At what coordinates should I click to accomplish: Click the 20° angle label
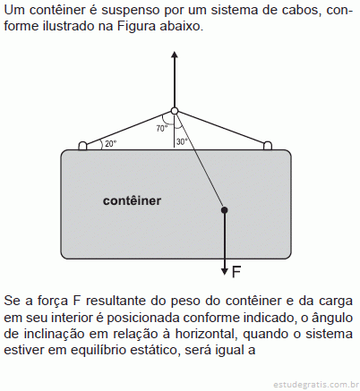point(110,144)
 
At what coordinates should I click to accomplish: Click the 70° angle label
point(162,129)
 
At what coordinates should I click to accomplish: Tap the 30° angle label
point(182,141)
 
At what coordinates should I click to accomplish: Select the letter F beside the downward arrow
point(236,272)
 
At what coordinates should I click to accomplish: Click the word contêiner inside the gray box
point(132,200)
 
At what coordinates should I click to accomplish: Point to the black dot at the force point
point(225,210)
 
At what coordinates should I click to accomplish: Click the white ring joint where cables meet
point(175,111)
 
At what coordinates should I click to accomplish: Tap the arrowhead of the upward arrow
point(175,55)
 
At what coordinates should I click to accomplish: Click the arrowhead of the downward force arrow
point(225,271)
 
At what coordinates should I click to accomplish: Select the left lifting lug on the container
point(82,146)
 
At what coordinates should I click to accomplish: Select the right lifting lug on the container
point(268,146)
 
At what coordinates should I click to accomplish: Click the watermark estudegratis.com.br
point(316,384)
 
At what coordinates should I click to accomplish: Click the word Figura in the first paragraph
point(136,26)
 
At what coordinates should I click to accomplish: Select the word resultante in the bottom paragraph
point(116,301)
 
